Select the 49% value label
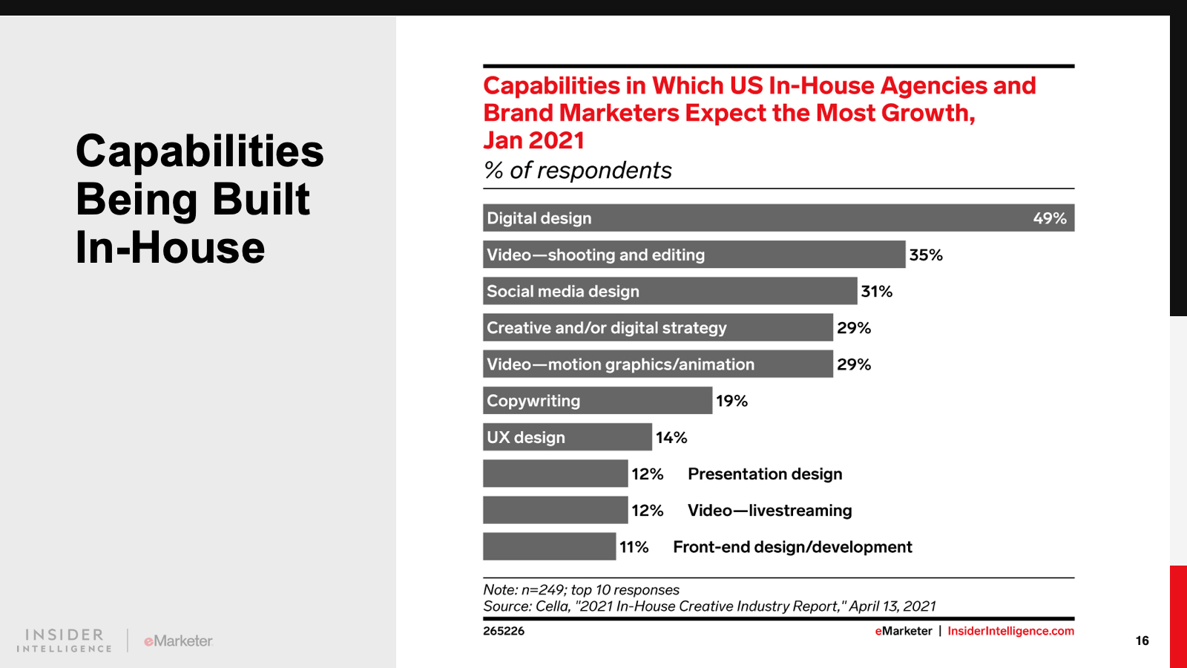pos(1050,218)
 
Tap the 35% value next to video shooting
pos(926,255)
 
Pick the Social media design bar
pos(669,291)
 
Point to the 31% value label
pos(876,291)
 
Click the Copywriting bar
pos(597,401)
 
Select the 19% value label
pos(731,401)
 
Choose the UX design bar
pos(567,437)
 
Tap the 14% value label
pos(671,437)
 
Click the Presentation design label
pos(765,474)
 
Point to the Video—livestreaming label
pos(769,511)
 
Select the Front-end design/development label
pos(792,547)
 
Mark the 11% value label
pos(634,547)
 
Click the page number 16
pos(1142,641)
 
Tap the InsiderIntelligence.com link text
pos(1010,631)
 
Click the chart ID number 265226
pos(504,631)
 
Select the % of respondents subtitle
pos(577,170)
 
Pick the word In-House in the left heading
pos(170,247)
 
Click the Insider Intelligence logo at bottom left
pos(65,641)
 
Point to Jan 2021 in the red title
pos(533,140)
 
